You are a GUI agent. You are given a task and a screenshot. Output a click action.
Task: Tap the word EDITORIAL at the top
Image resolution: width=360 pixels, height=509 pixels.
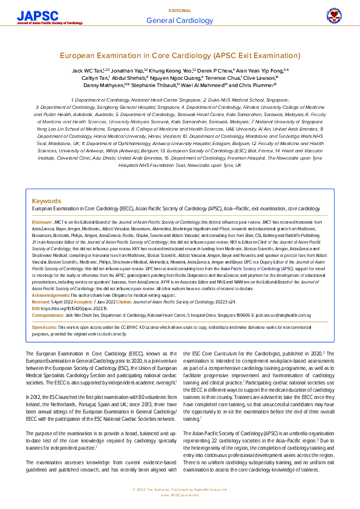180,11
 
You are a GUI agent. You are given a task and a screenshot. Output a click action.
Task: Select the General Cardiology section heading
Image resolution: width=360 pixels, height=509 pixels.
180,21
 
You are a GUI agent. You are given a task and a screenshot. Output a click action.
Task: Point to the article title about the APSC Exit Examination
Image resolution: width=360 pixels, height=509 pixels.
180,55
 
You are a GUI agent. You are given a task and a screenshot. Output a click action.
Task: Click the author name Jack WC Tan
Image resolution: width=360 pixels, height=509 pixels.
85,71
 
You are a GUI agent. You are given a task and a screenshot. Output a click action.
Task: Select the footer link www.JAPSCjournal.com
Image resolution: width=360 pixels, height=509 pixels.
180,494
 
